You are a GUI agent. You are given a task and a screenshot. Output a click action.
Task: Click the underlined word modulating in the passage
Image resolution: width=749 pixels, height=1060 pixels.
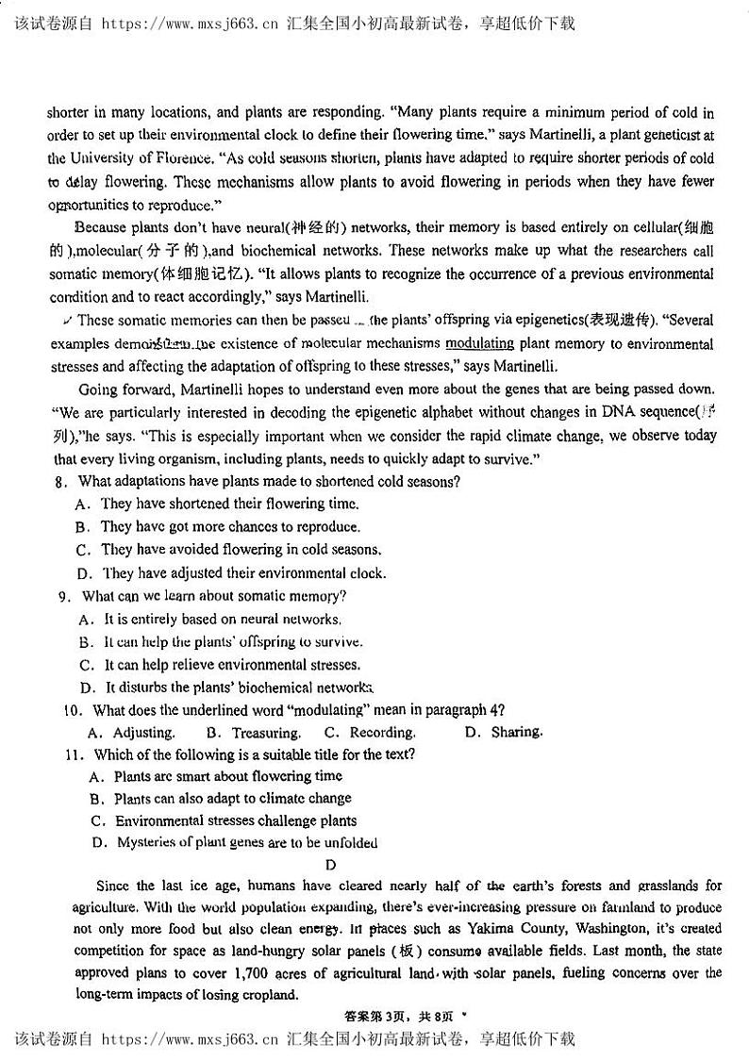coord(479,344)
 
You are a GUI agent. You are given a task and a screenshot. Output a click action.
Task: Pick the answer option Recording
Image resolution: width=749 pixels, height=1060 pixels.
coord(382,733)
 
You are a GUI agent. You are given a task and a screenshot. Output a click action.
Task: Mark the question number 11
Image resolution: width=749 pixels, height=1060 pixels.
coord(75,754)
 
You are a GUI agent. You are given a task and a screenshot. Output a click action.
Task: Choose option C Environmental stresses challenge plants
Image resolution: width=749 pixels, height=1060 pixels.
coord(236,820)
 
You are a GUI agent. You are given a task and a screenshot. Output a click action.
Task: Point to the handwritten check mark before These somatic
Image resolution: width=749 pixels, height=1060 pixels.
coord(55,321)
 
